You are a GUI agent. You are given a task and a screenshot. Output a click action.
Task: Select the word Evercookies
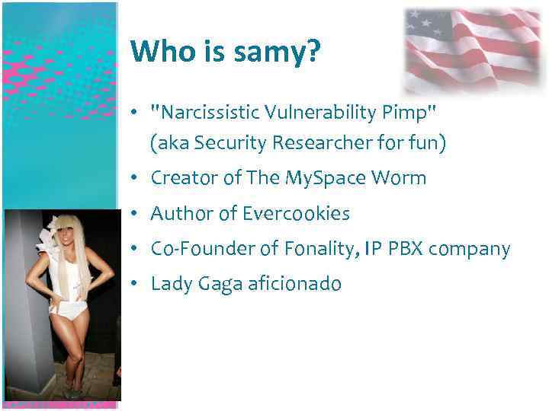coord(297,214)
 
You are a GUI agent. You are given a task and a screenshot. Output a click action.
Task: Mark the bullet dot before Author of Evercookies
coord(133,214)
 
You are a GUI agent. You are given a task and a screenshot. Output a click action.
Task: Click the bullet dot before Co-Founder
coord(133,249)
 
